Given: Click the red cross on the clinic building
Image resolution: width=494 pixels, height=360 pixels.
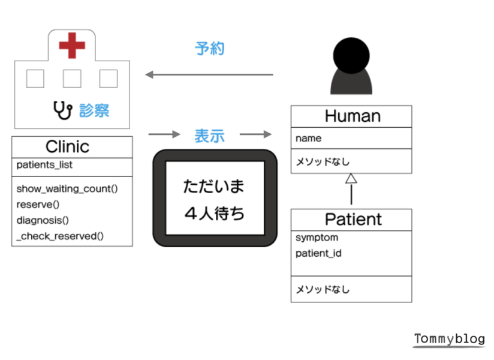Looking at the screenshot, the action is (72, 46).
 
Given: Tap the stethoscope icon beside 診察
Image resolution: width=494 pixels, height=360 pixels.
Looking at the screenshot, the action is (63, 110).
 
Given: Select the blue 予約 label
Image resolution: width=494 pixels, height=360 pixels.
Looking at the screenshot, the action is (209, 49).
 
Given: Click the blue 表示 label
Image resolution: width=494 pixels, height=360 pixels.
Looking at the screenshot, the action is (209, 136).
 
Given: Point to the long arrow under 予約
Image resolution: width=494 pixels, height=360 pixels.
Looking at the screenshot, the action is (209, 75).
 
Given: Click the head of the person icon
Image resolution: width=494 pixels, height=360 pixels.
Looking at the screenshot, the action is (351, 55).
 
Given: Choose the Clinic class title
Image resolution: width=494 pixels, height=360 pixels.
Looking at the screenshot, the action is (67, 146).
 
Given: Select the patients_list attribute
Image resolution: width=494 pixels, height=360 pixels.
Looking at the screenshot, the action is (44, 165).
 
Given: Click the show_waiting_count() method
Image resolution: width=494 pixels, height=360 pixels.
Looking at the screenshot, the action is (67, 189).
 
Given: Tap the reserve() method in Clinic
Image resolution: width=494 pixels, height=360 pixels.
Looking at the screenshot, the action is (38, 205).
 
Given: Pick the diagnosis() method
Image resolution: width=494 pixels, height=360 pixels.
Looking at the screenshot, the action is (43, 220).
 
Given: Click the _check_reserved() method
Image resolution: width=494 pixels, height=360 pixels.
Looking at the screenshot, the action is (60, 236).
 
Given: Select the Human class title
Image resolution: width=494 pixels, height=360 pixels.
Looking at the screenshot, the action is (353, 116).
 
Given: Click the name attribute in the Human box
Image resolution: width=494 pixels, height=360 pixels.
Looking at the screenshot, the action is (308, 139).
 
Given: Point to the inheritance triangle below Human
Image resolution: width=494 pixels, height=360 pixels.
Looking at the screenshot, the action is (351, 178).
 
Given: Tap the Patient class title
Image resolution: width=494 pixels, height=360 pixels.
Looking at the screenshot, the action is (353, 220).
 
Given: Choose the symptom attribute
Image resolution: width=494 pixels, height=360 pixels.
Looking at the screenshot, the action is (317, 238).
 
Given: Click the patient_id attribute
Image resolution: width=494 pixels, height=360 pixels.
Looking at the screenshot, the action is (318, 253).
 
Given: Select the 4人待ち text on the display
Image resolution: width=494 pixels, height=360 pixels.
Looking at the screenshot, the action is (214, 214).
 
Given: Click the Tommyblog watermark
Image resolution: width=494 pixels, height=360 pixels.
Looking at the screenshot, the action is (449, 339).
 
